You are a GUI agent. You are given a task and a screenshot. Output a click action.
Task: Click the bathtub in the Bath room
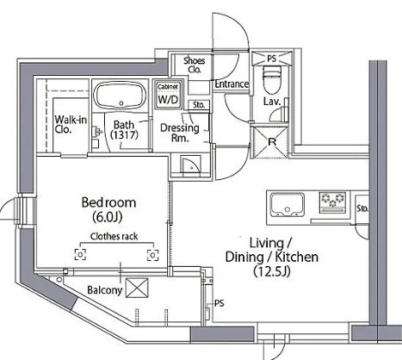pos(121,96)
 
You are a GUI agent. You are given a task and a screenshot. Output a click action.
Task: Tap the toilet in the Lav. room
pos(271,79)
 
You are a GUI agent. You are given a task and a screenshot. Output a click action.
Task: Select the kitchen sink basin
pos(288,204)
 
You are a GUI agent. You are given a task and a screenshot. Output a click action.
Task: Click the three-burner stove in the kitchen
pos(333,202)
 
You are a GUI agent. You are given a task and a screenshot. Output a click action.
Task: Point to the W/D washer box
pos(168,95)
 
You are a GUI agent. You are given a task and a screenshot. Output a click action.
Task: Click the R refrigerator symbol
pos(270,142)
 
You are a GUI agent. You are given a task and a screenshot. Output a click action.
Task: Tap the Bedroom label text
pos(108,202)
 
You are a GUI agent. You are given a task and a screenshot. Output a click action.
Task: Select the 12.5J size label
pos(272,271)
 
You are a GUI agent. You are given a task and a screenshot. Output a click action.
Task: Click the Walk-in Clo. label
pos(71,124)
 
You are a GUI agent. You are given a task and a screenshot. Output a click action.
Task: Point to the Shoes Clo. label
pos(195,65)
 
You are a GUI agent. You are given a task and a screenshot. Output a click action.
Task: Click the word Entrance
pos(232,84)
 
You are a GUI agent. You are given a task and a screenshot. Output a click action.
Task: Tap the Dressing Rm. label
pos(180,133)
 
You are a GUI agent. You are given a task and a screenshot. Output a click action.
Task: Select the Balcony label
pos(105,290)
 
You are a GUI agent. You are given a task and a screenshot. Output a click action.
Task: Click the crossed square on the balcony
pos(137,288)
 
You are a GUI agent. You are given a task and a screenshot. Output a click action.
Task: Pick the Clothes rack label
pos(114,237)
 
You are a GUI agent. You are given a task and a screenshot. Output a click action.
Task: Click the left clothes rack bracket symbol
pos(80,254)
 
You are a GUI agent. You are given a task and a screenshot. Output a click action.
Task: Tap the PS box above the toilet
pos(272,59)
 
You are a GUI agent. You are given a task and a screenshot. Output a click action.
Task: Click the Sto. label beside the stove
pos(362,208)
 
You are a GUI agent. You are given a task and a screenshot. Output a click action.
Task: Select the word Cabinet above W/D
pos(168,86)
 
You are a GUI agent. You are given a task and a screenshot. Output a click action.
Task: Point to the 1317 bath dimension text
pos(124,135)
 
